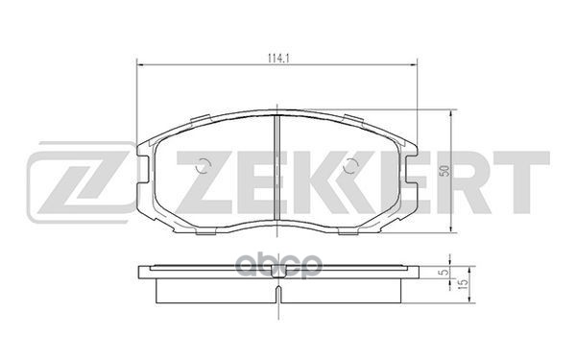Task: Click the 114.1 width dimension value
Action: (278, 55)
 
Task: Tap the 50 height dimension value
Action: (443, 171)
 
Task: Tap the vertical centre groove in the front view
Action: (277, 173)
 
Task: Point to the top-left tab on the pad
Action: (204, 120)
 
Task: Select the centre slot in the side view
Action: (277, 273)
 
